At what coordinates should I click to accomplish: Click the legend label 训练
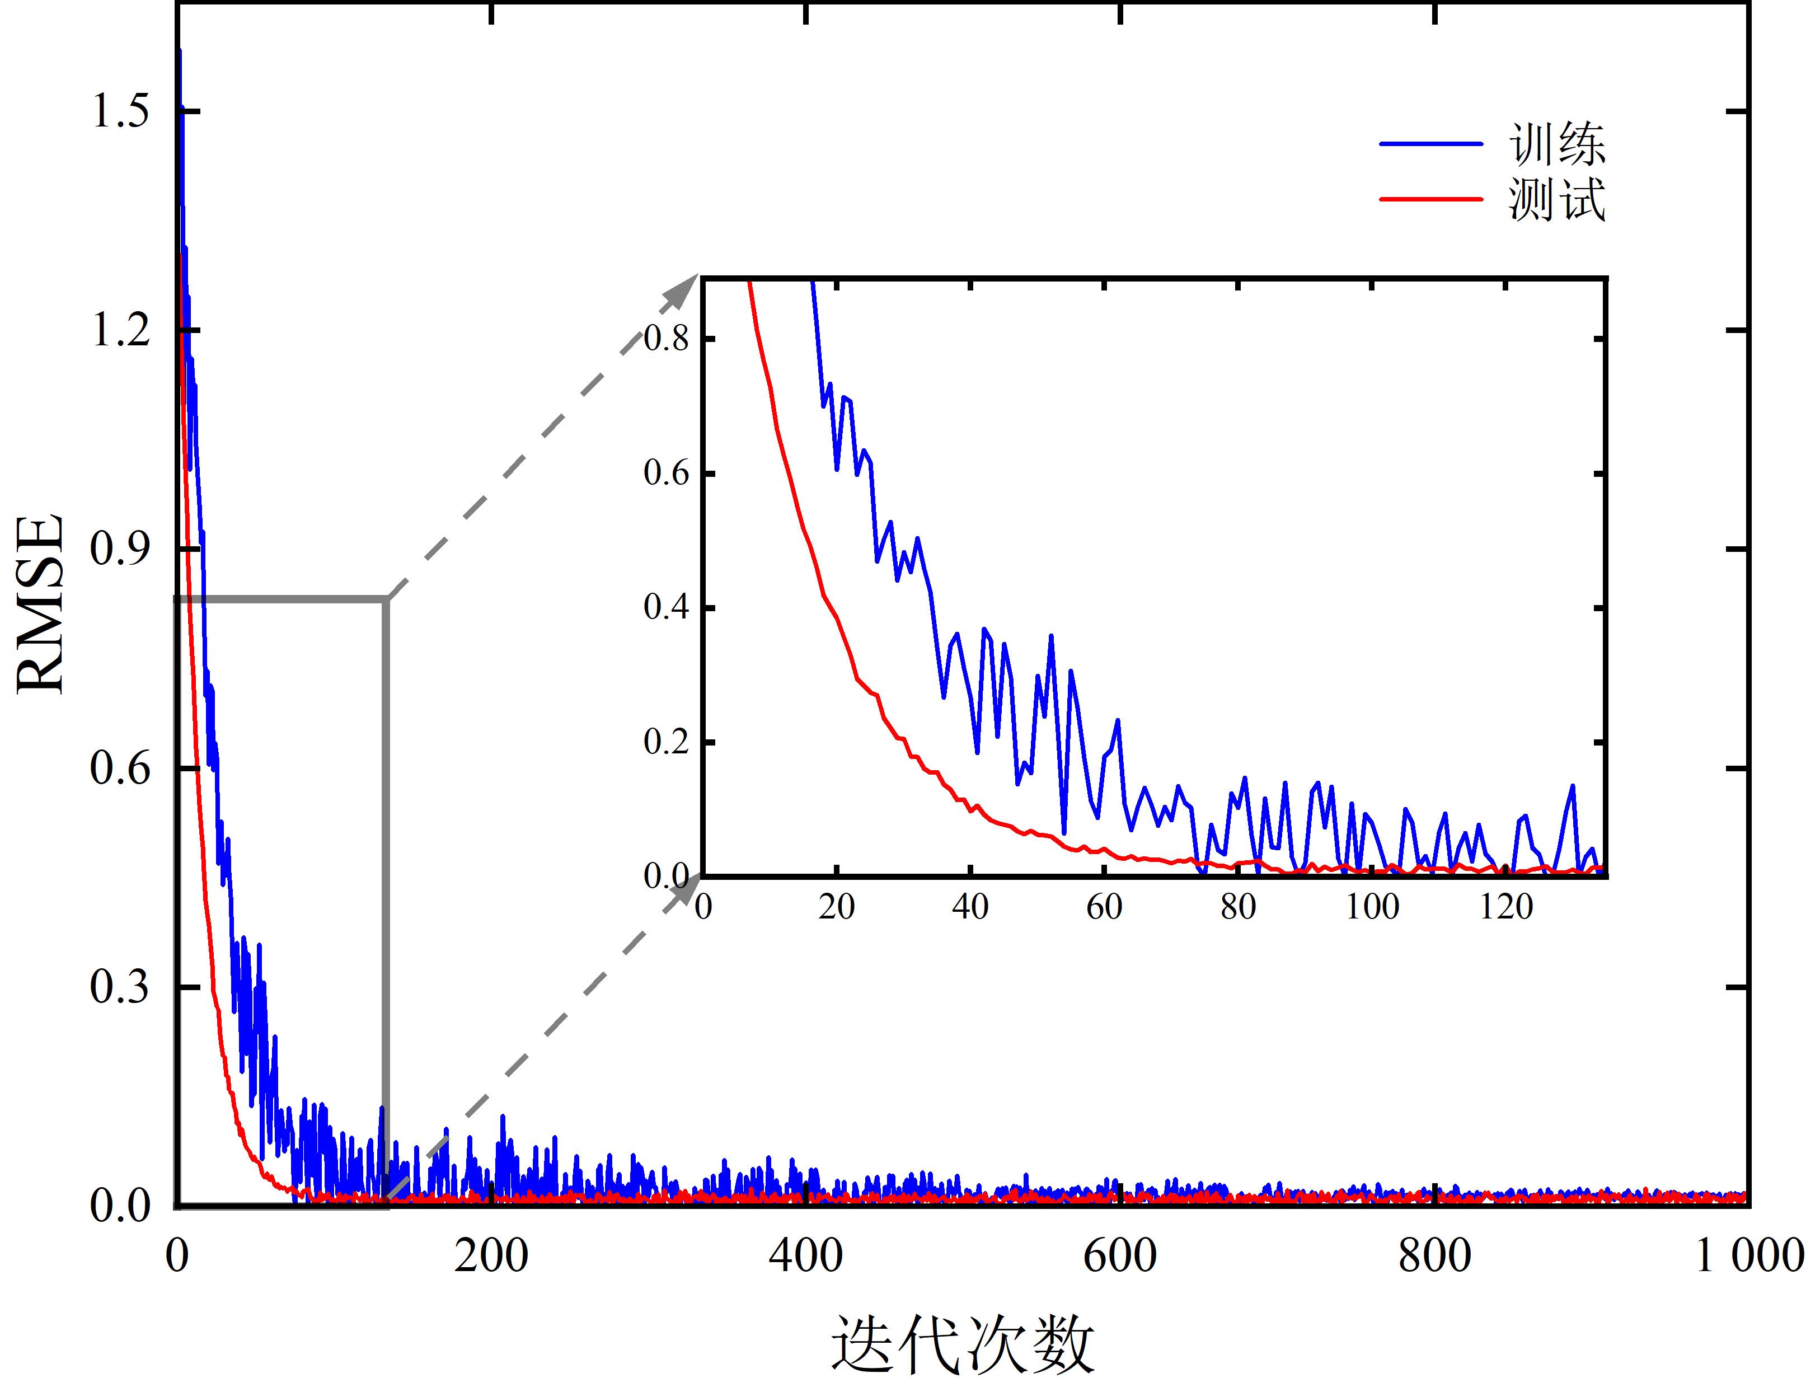[1556, 145]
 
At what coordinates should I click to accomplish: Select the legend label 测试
[1556, 199]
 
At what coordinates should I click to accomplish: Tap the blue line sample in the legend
[1431, 143]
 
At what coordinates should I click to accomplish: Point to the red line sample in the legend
[1431, 199]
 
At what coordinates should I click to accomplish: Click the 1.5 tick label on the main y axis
[120, 111]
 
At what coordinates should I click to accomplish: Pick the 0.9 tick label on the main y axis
[120, 549]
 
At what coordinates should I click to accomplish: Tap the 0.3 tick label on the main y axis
[120, 987]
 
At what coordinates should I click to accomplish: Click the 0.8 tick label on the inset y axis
[666, 338]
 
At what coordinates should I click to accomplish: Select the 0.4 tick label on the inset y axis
[666, 608]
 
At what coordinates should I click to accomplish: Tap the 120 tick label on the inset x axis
[1507, 907]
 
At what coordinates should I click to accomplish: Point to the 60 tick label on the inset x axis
[1104, 907]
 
